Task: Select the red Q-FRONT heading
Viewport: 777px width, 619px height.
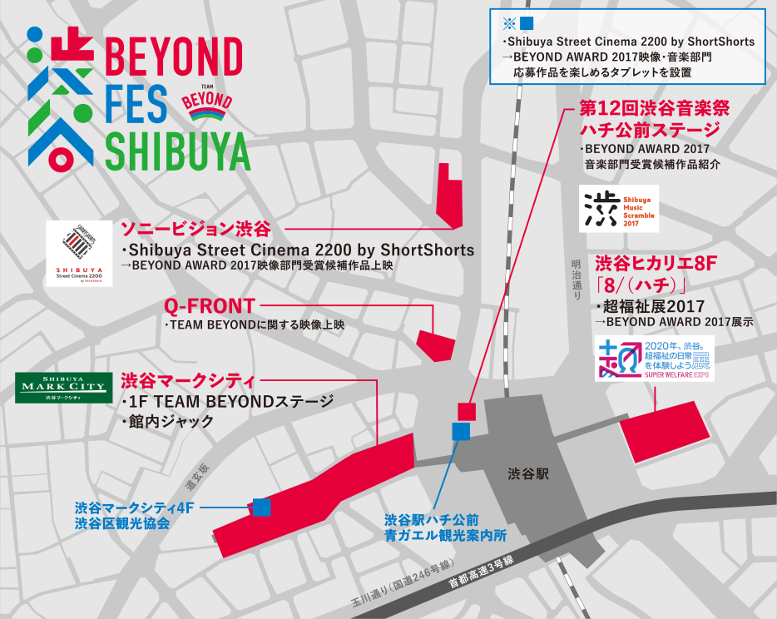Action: (209, 306)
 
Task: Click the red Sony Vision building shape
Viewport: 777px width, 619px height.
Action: (449, 196)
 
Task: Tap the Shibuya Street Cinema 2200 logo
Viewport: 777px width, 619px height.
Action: (80, 253)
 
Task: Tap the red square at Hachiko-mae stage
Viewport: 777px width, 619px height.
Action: (466, 410)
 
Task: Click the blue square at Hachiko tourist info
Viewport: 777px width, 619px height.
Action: (460, 431)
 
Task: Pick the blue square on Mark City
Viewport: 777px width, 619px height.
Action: (261, 506)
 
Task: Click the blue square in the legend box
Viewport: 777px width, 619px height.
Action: (526, 24)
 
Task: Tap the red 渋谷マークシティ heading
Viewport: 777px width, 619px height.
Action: (187, 381)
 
